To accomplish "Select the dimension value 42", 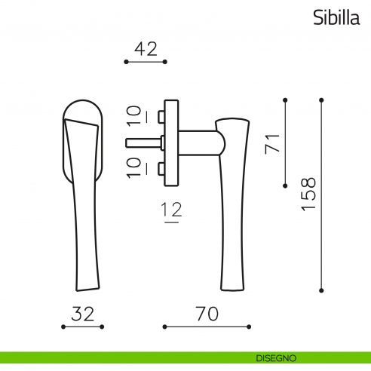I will [145, 49].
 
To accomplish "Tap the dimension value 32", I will [83, 314].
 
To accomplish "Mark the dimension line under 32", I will [83, 327].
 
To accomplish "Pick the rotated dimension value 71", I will [273, 143].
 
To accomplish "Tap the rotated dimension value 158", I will [308, 195].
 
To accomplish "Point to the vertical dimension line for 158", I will [321, 195].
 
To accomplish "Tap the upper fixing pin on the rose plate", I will [162, 116].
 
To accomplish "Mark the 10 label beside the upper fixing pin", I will [133, 115].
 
